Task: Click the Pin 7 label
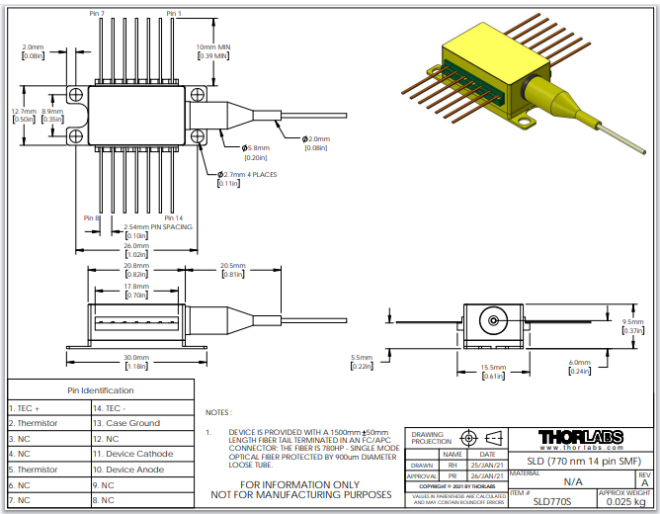(96, 14)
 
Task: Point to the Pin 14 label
(173, 217)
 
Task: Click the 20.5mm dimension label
(232, 266)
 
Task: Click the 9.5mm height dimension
(633, 322)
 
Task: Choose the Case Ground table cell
(132, 423)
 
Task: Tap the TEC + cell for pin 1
(26, 407)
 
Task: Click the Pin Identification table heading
(100, 391)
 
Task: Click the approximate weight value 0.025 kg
(624, 501)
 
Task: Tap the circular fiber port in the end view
(491, 322)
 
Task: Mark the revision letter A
(644, 482)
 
